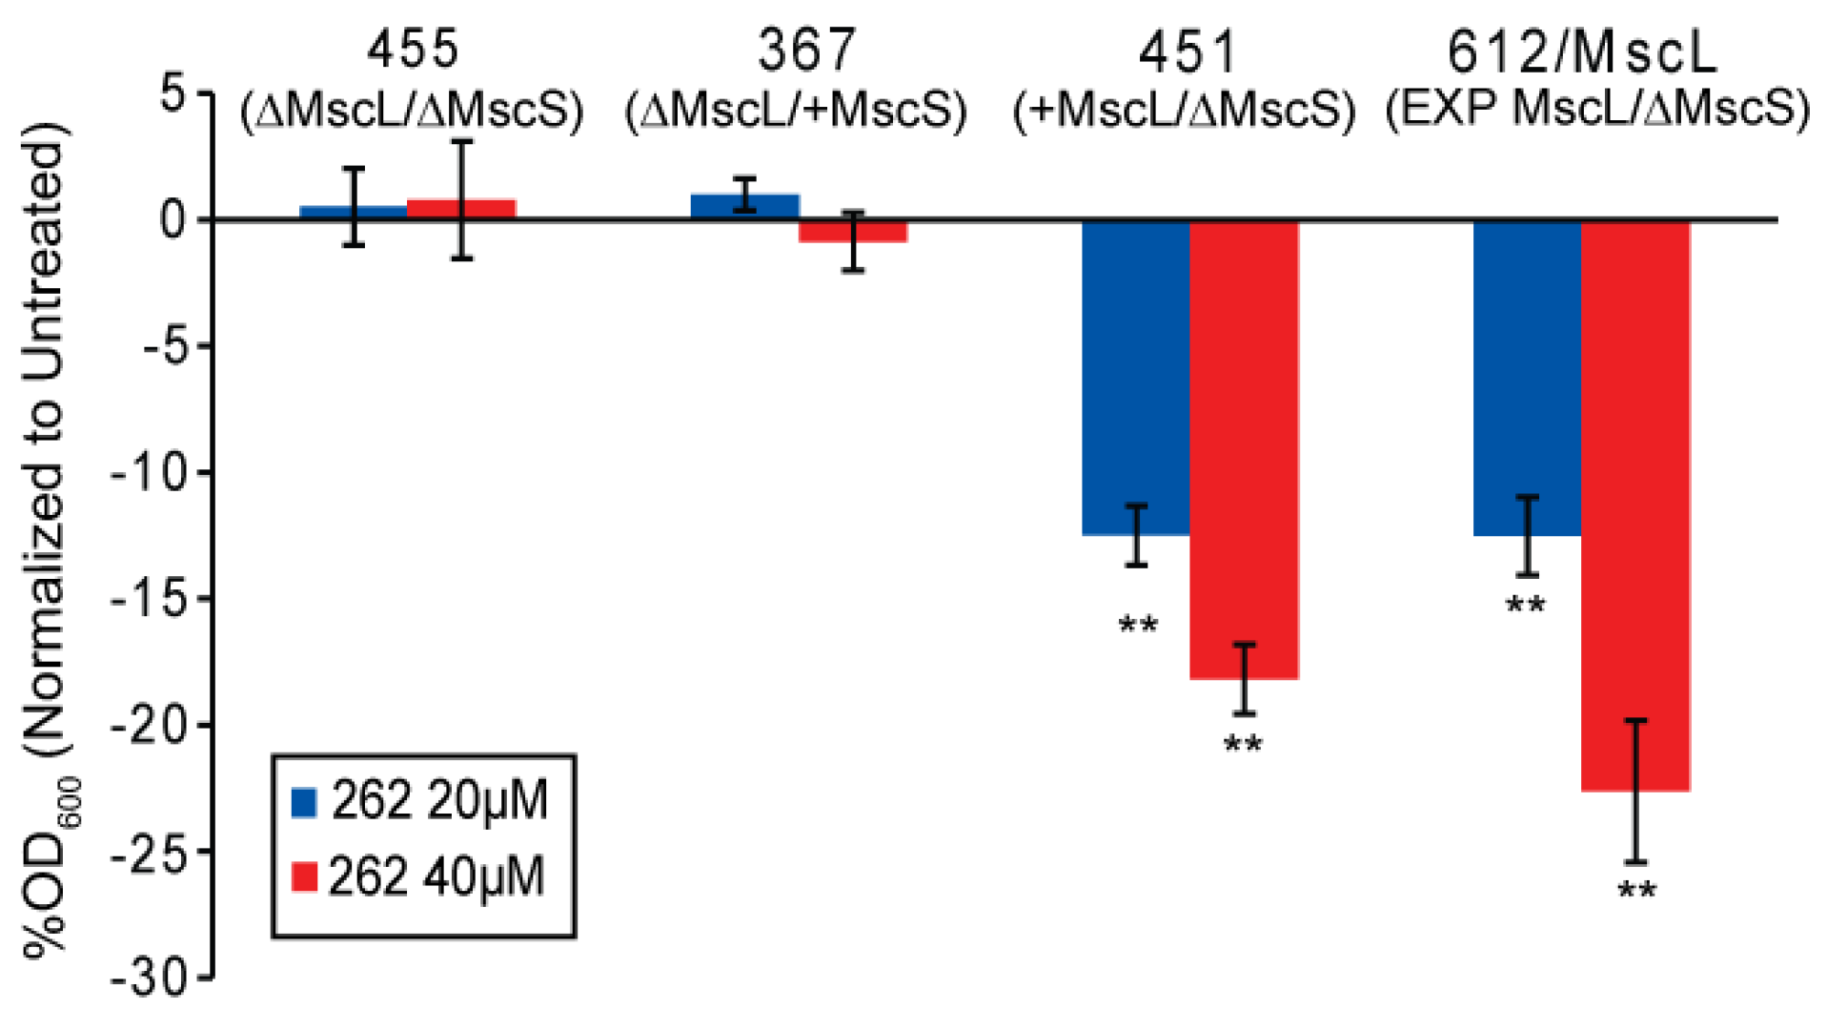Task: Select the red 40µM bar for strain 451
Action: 1244,448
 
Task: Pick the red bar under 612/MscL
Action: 1635,505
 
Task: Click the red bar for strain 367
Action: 852,232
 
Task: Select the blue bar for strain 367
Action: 744,207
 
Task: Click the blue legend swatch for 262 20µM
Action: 303,802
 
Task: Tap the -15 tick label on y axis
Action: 160,600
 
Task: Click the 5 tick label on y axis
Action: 173,94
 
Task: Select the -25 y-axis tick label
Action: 160,853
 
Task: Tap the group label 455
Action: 412,49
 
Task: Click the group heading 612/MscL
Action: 1582,52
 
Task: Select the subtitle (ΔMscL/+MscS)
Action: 796,112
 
